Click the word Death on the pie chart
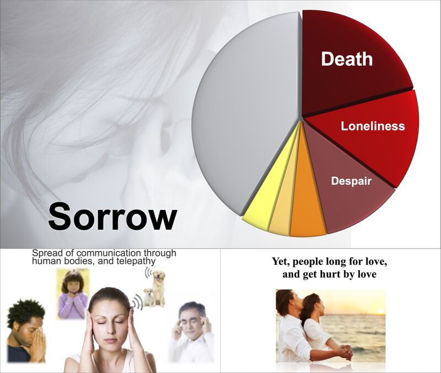point(347,59)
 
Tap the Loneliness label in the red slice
point(373,126)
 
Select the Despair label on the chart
point(351,181)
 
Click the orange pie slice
point(306,197)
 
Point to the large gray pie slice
point(245,113)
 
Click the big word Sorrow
point(112,216)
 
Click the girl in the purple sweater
point(73,294)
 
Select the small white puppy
point(148,297)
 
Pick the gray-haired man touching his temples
point(191,332)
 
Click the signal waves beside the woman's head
point(138,302)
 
